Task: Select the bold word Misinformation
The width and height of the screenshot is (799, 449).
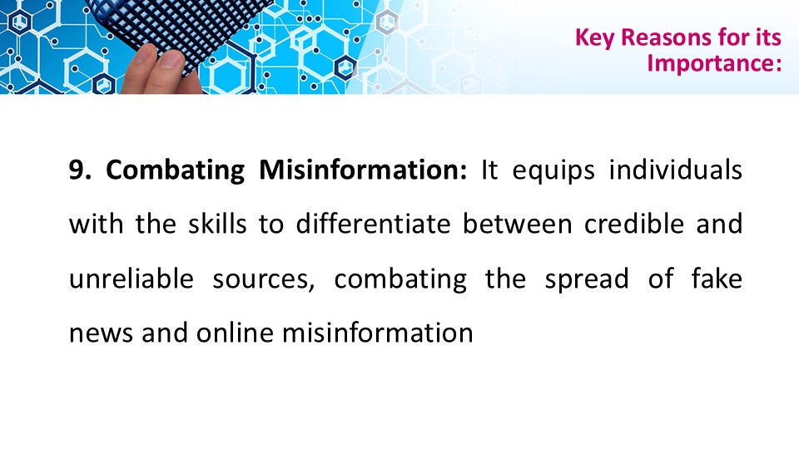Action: click(363, 170)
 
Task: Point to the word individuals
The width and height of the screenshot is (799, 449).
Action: click(676, 170)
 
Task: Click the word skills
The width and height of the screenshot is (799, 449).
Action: click(217, 224)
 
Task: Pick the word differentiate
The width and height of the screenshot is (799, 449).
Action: click(374, 224)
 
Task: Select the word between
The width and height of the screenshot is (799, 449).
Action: click(517, 224)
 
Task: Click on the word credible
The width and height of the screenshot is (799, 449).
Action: click(634, 224)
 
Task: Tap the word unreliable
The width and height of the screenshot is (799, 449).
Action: click(132, 279)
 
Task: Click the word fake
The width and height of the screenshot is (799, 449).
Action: click(717, 279)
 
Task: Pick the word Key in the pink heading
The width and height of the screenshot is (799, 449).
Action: click(594, 38)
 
